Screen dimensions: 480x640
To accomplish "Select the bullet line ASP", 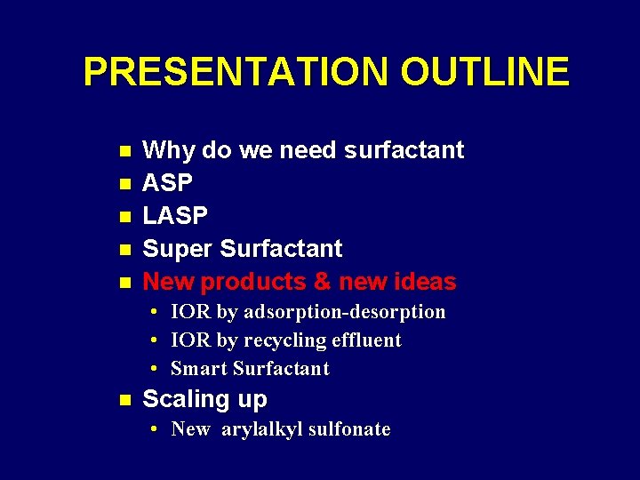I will [167, 183].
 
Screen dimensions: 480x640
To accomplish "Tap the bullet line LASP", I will [175, 216].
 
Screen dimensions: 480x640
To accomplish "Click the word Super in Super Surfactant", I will [178, 249].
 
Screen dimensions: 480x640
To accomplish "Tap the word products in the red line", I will [252, 282].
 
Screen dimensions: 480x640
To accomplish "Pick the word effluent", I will [366, 340].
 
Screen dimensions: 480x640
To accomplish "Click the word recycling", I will [284, 340].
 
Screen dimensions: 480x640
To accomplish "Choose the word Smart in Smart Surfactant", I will [197, 369].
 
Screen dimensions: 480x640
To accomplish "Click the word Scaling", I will [186, 399].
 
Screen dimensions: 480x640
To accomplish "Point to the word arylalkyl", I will [259, 429].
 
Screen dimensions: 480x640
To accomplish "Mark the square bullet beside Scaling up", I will [124, 400].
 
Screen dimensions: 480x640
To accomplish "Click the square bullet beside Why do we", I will [124, 151].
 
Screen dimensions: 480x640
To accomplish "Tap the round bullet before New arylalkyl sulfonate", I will [155, 429].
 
